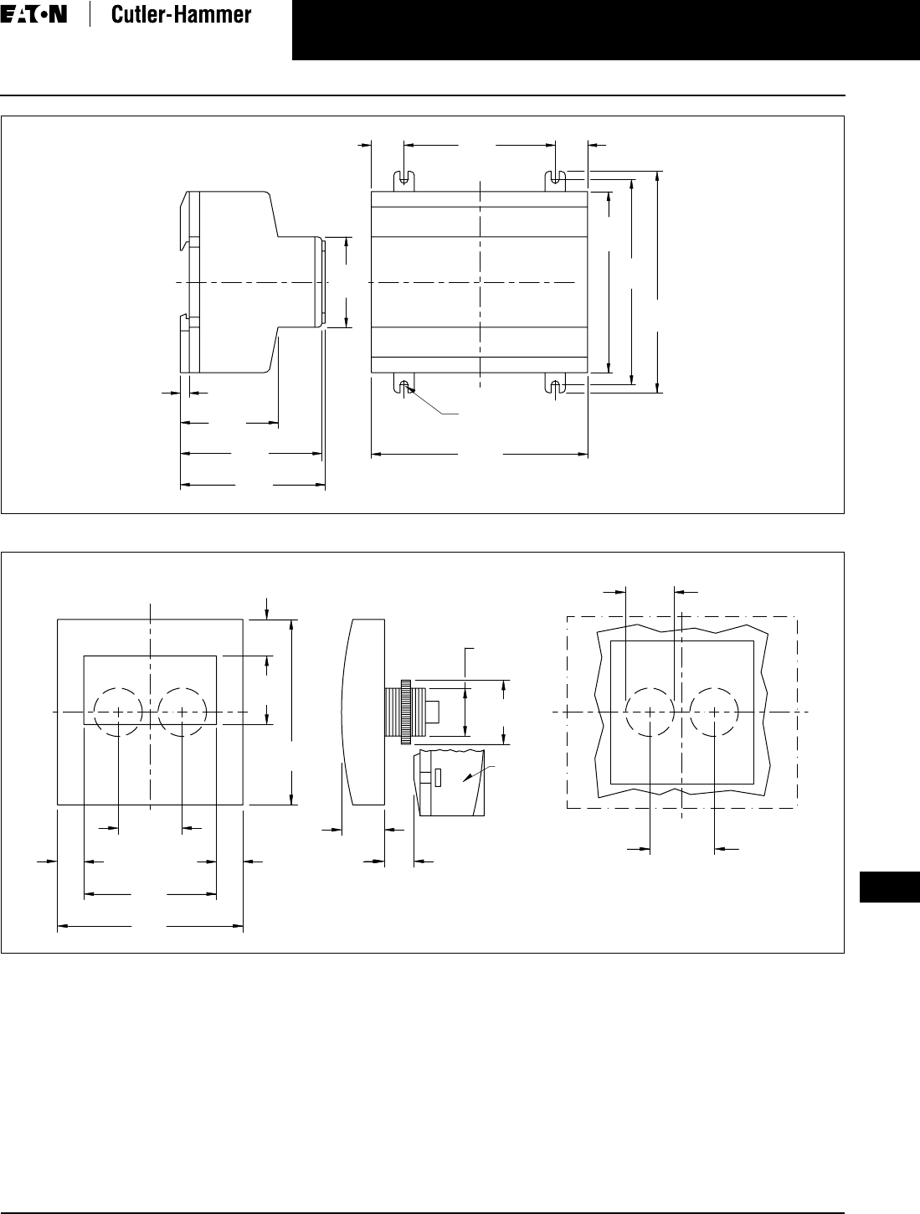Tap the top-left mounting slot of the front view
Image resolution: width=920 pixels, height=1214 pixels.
[x=404, y=179]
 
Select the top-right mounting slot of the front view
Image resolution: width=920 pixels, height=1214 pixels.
[x=555, y=179]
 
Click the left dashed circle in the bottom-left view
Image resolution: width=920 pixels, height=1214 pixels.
[x=118, y=712]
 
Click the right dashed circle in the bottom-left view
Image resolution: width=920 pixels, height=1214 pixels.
[x=182, y=712]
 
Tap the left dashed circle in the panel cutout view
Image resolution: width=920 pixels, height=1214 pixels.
[x=650, y=712]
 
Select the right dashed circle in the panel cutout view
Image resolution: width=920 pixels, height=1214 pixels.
[x=714, y=712]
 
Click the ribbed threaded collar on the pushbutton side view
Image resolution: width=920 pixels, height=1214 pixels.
[x=406, y=712]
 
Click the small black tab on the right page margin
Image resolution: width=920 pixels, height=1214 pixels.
[x=889, y=888]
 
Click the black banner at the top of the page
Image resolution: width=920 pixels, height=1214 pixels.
[x=605, y=30]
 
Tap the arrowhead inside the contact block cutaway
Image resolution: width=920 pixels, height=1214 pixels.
[x=478, y=776]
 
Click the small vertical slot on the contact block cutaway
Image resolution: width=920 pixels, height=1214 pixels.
[x=437, y=778]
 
